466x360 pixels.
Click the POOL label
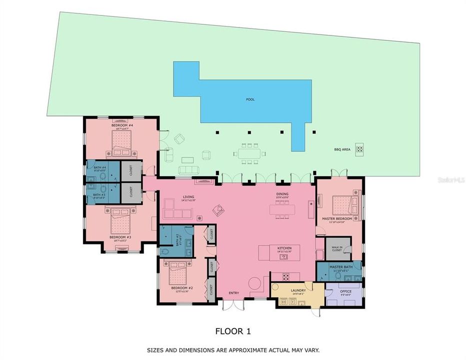click(x=250, y=99)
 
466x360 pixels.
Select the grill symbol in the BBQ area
click(x=359, y=148)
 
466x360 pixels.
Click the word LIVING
click(x=188, y=197)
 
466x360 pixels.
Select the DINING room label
click(x=282, y=194)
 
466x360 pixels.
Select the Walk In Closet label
click(x=337, y=248)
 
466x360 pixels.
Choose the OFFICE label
click(x=345, y=291)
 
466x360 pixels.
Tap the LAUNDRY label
click(x=298, y=290)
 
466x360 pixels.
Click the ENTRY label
click(x=233, y=293)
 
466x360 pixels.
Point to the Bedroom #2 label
click(x=179, y=288)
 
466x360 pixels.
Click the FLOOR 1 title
click(x=232, y=330)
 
